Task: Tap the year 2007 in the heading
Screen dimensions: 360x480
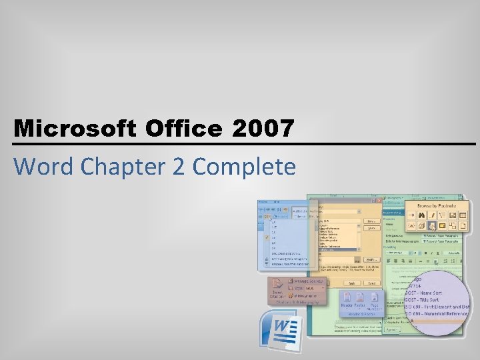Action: (263, 129)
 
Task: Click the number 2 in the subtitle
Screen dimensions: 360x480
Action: (179, 166)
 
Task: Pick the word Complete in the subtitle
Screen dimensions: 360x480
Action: (244, 166)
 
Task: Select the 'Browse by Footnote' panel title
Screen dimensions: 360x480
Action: (437, 206)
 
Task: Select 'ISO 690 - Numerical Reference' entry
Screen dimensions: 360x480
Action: (441, 313)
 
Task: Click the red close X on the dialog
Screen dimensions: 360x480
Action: (378, 201)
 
